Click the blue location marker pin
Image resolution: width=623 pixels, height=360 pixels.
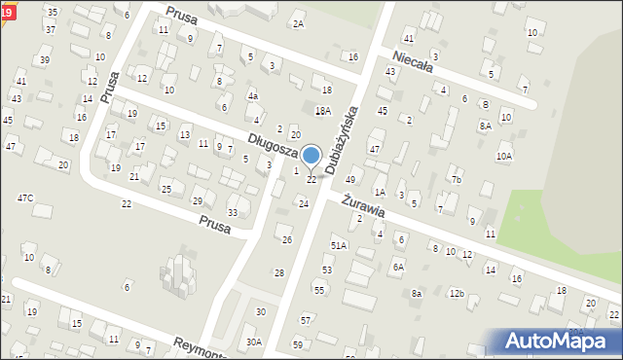click(x=311, y=157)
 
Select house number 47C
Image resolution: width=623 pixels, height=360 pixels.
click(x=25, y=198)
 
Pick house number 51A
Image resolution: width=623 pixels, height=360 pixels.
click(x=339, y=246)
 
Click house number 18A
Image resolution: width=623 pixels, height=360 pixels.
click(x=323, y=111)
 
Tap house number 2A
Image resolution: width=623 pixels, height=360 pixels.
click(x=298, y=23)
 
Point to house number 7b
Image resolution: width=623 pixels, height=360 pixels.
click(x=456, y=180)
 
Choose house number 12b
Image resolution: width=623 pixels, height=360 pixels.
click(x=456, y=293)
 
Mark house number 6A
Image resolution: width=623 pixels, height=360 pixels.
click(x=397, y=267)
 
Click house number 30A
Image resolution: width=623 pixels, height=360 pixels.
click(x=253, y=342)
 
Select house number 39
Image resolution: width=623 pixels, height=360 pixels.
click(x=45, y=60)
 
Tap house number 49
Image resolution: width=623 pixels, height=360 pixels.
click(x=350, y=180)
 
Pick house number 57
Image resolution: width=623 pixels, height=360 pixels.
click(x=306, y=320)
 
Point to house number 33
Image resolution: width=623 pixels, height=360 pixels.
click(x=232, y=212)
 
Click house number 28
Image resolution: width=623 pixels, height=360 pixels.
click(x=279, y=273)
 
